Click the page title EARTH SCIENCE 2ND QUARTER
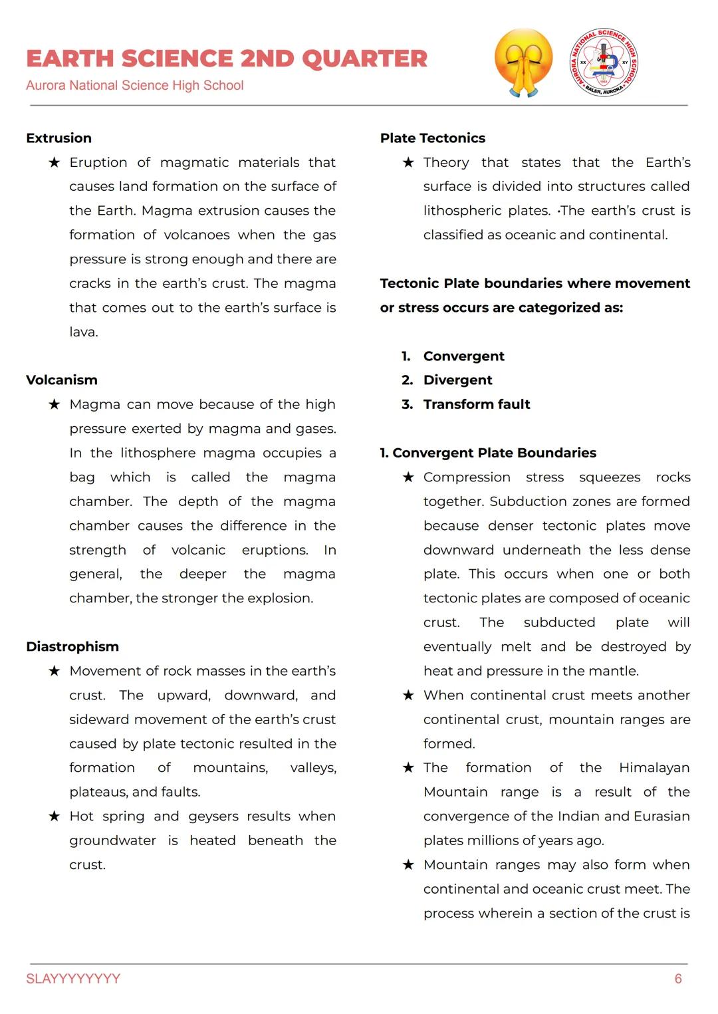click(227, 59)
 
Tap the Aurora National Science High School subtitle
click(135, 85)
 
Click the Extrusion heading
click(59, 138)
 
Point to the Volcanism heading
click(62, 380)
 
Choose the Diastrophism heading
click(72, 647)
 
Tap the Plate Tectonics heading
click(433, 138)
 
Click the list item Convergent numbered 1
click(463, 356)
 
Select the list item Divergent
click(457, 380)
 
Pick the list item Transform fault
click(477, 404)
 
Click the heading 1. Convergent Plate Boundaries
click(488, 453)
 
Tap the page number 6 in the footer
click(678, 979)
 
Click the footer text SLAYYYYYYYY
click(73, 979)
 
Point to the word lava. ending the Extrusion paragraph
click(84, 332)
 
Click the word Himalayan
click(654, 768)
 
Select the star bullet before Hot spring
click(55, 817)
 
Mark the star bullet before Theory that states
click(408, 163)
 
